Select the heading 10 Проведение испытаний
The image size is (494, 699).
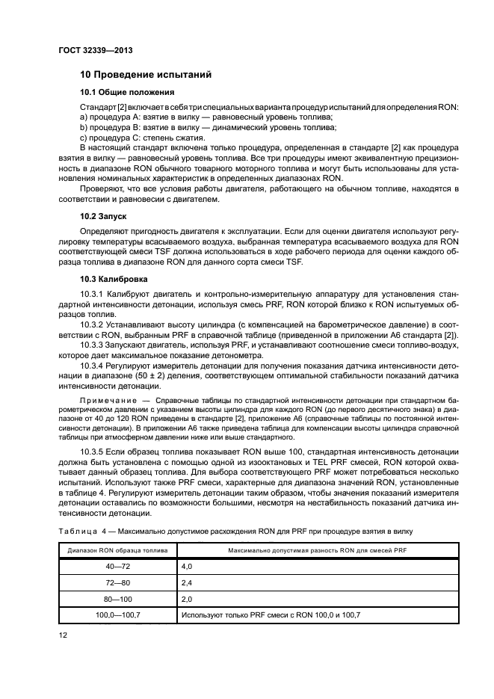146,75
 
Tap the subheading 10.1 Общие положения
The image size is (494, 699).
127,93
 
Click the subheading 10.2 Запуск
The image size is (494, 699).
103,215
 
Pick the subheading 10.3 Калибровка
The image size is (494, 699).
114,279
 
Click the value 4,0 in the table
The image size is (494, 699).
186,568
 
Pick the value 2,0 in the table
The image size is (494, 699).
186,600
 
